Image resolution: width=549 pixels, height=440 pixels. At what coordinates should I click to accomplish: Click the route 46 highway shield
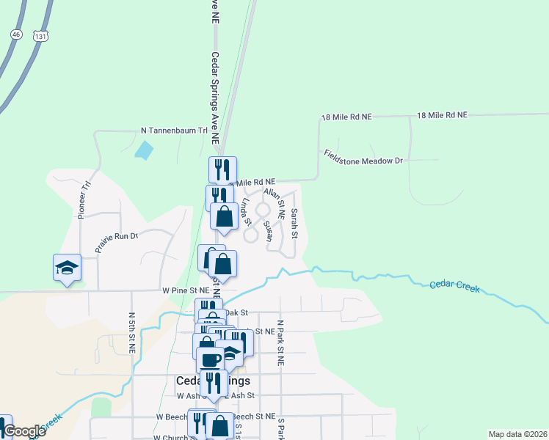[x=15, y=34]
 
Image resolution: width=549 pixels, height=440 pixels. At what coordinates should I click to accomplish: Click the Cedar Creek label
[x=455, y=286]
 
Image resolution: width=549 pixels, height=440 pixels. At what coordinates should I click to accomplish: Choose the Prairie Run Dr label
[x=117, y=242]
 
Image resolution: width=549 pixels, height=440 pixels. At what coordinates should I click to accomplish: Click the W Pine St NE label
[x=186, y=291]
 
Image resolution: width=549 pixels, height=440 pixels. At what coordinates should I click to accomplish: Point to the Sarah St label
[x=294, y=223]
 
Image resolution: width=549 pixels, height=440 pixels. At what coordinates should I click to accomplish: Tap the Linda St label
[x=247, y=210]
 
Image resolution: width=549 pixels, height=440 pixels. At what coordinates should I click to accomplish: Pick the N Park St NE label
[x=280, y=342]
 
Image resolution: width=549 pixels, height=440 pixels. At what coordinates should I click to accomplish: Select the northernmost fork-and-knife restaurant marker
[x=222, y=169]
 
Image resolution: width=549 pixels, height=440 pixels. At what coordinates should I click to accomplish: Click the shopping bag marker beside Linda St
[x=225, y=216]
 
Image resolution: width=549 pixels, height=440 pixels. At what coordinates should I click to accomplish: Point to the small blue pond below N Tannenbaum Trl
[x=145, y=151]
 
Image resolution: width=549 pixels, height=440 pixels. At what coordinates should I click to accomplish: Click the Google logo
[x=24, y=431]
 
